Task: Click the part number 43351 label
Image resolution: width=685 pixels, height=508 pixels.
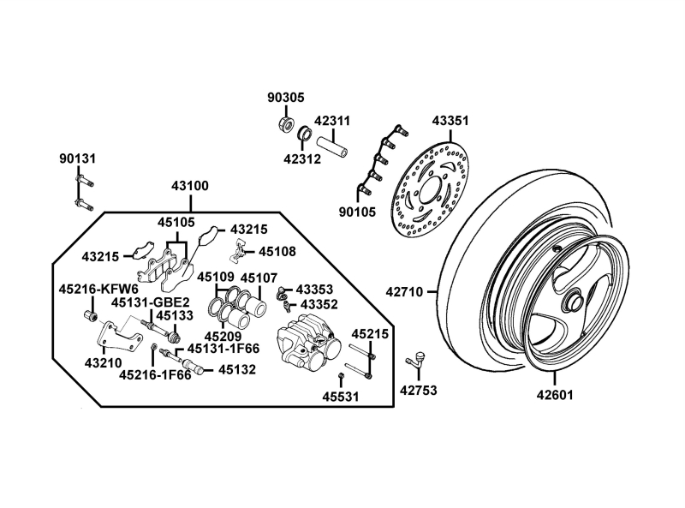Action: click(450, 121)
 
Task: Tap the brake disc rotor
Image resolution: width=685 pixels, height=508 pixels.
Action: click(431, 189)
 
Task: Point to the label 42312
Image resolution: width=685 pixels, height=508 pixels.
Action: click(302, 159)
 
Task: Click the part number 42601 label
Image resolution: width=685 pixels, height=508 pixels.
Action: click(555, 395)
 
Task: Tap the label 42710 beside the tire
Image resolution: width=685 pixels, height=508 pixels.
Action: click(404, 291)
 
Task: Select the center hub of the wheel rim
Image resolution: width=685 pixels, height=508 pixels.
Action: click(572, 301)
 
